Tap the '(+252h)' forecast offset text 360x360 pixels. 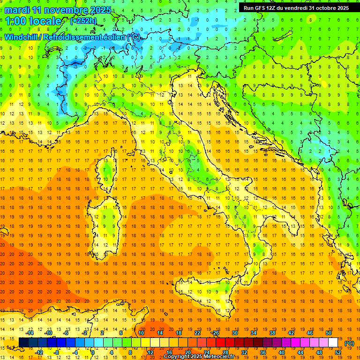pyautogui.click(x=84, y=21)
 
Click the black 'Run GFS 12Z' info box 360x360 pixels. pyautogui.click(x=296, y=7)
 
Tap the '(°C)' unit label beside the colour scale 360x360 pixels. pyautogui.click(x=349, y=343)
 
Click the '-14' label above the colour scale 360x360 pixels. pyautogui.click(x=30, y=333)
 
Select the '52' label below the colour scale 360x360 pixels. pyautogui.click(x=338, y=352)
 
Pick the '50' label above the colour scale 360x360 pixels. pyautogui.click(x=329, y=333)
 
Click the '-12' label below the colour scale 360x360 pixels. pyautogui.click(x=39, y=352)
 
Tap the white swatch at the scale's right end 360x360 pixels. pyautogui.click(x=333, y=343)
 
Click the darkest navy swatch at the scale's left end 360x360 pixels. pyautogui.click(x=23, y=343)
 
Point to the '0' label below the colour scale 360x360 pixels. pyautogui.click(x=93, y=352)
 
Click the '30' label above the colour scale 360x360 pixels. pyautogui.click(x=235, y=333)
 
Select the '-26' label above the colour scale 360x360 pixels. pyautogui.click(x=215, y=333)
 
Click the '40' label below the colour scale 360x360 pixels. pyautogui.click(x=281, y=352)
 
